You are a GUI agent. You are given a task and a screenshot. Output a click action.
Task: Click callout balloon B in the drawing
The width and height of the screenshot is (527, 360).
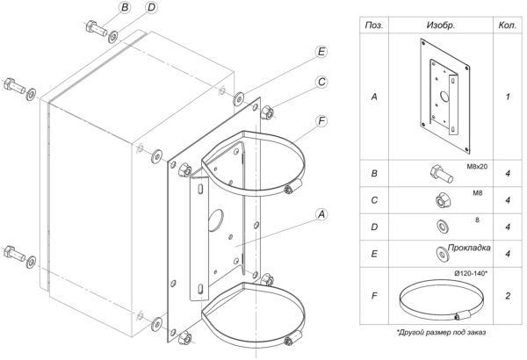(125, 7)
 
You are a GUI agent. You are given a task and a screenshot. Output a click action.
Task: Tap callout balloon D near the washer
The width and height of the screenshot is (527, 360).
(152, 7)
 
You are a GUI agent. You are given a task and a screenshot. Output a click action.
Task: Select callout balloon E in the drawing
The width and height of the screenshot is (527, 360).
(321, 52)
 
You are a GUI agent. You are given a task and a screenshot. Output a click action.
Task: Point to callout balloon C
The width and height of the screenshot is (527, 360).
(321, 82)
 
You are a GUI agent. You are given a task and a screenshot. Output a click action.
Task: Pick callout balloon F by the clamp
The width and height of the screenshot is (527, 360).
(321, 121)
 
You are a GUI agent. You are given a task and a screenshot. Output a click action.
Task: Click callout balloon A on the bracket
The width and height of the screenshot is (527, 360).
(321, 214)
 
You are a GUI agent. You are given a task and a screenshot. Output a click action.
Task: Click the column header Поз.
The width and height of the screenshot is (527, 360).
(374, 25)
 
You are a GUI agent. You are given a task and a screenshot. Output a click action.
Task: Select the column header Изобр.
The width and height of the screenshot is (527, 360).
(441, 25)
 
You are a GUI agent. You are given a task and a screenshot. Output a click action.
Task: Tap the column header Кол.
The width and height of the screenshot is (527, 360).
(508, 25)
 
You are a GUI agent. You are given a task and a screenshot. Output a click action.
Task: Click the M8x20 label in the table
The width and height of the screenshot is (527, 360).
(477, 166)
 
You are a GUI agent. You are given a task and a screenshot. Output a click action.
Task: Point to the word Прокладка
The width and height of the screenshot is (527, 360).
(469, 248)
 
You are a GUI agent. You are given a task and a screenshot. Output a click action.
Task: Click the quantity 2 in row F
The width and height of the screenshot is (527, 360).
(508, 296)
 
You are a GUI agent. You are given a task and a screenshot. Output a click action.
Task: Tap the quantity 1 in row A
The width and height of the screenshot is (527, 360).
(508, 97)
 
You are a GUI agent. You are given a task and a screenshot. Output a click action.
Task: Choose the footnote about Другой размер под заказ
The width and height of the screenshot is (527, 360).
(441, 333)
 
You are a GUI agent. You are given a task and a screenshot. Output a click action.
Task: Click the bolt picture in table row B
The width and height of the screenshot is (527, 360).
(441, 174)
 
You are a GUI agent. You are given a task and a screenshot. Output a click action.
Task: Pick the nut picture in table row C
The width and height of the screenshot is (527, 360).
(443, 200)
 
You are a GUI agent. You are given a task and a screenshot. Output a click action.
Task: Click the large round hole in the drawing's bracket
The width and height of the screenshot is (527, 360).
(215, 220)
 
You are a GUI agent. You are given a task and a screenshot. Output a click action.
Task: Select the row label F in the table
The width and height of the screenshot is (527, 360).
(374, 296)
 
